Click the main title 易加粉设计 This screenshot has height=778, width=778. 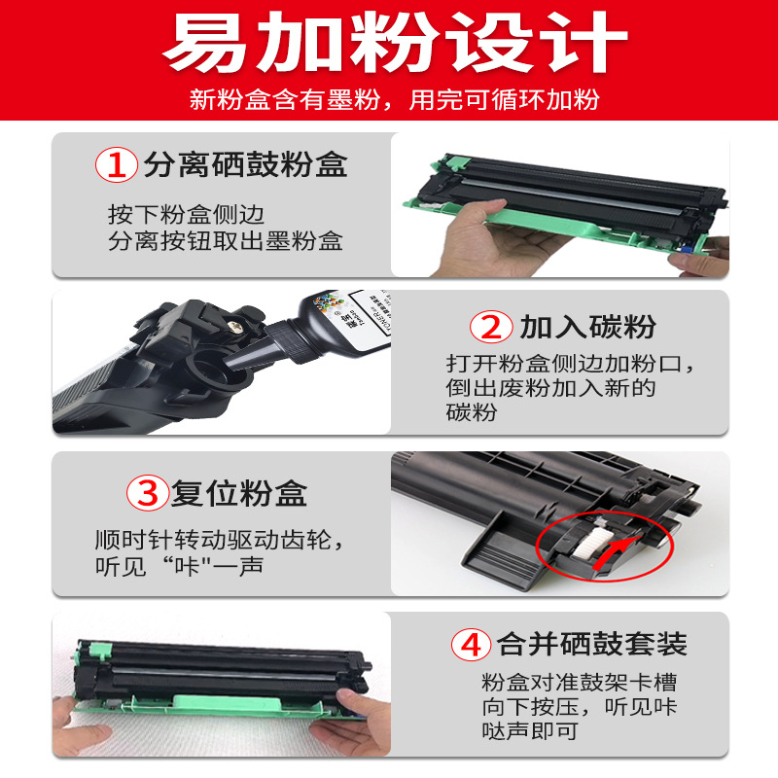396,43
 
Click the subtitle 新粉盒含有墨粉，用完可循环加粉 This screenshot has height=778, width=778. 395,100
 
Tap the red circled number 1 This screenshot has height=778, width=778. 117,164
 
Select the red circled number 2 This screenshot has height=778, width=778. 491,327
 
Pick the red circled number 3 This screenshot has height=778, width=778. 148,493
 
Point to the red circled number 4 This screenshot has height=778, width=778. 472,645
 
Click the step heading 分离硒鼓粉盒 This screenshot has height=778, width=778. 246,164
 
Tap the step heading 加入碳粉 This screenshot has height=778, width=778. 587,327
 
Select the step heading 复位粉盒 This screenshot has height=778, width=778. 239,493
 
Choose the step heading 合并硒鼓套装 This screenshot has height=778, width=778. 592,645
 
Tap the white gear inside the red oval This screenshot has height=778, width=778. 587,545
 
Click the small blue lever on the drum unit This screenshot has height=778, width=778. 687,249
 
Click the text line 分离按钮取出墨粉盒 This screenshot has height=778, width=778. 226,241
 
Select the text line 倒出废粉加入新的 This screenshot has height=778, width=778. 550,388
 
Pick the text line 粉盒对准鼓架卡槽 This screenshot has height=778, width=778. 579,683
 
